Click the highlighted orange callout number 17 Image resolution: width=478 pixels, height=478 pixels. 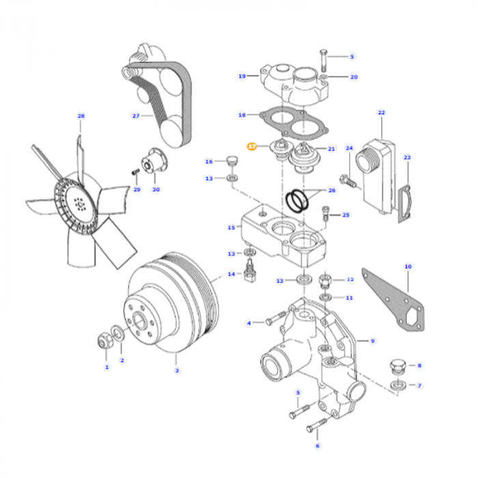click(251, 146)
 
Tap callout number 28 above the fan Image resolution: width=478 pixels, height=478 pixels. click(81, 116)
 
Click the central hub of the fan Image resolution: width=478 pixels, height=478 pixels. click(81, 203)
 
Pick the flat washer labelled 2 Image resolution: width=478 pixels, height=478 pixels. click(119, 334)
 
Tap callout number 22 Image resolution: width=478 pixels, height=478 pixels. click(381, 112)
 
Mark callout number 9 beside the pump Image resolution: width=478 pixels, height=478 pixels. click(373, 340)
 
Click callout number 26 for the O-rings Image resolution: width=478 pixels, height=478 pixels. click(332, 191)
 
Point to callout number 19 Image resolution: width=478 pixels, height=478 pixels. click(242, 76)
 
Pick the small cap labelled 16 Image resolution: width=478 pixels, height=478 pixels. click(231, 161)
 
